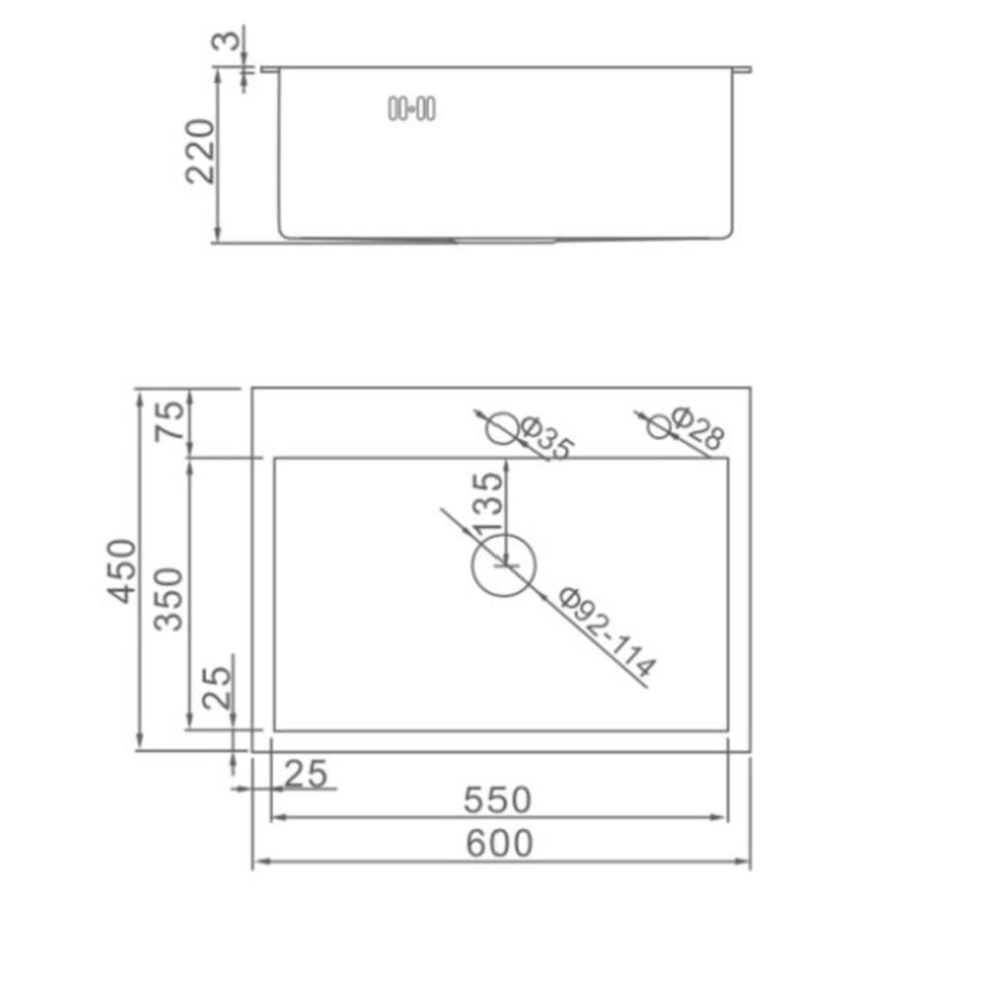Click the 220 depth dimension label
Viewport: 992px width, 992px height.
[x=200, y=151]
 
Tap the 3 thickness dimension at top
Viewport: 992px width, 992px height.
[x=226, y=41]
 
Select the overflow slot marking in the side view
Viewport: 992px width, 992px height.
[x=412, y=109]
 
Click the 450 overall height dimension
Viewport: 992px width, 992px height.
[x=122, y=571]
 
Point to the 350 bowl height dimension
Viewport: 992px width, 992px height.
[x=169, y=599]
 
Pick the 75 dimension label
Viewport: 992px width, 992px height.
[x=169, y=421]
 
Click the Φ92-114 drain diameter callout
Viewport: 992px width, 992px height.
[x=606, y=632]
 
